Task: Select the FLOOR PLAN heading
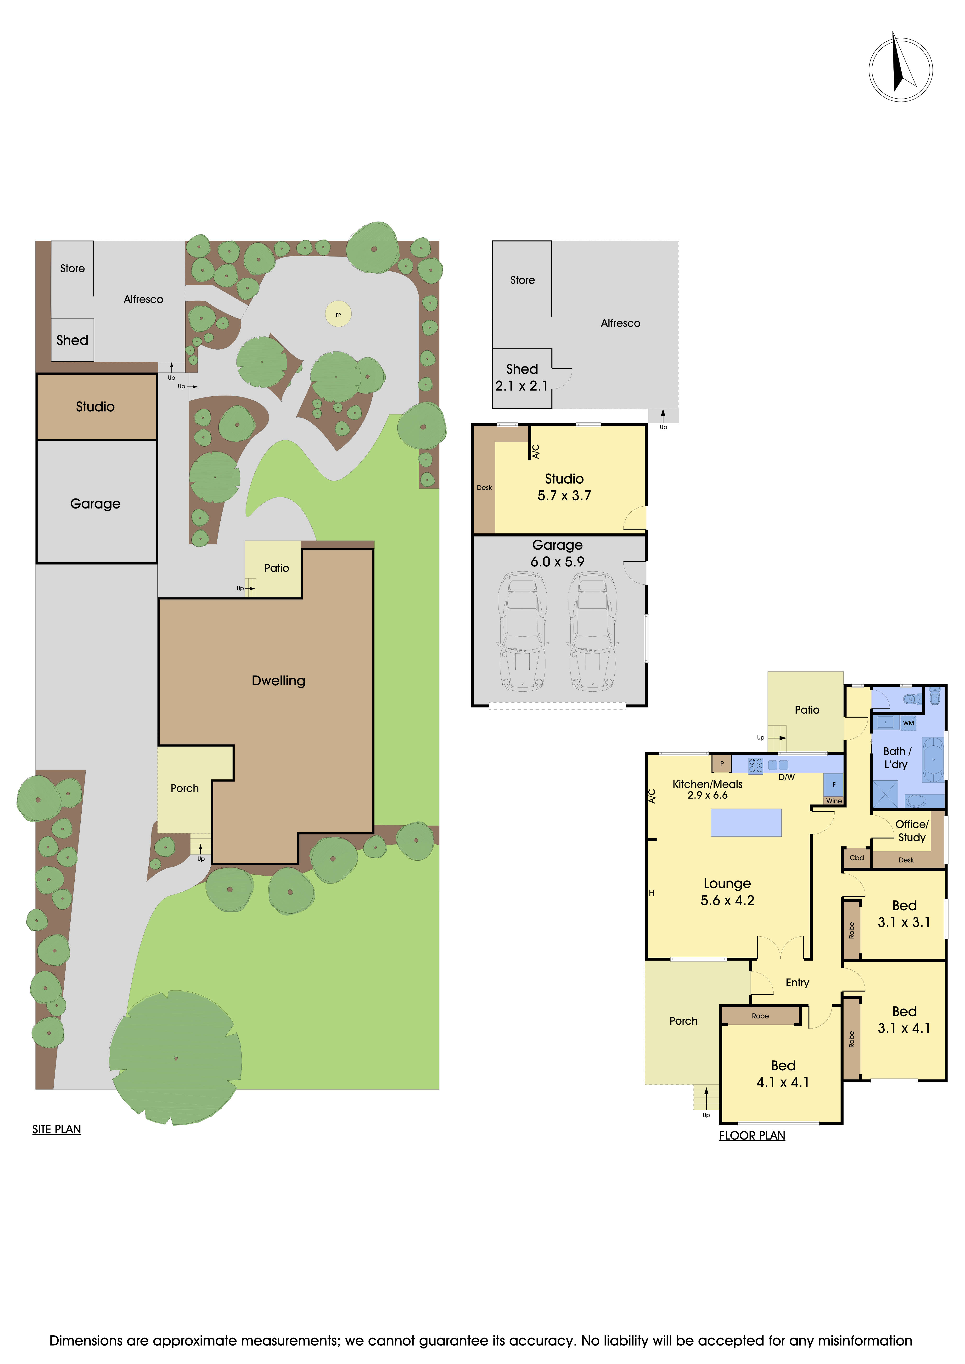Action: (x=752, y=1135)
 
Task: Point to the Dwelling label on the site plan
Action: (x=278, y=681)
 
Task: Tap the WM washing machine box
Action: (x=908, y=723)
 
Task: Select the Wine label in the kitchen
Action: (x=834, y=801)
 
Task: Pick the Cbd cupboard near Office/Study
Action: (x=856, y=858)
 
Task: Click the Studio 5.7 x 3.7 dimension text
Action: (x=564, y=495)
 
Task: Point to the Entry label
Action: (x=797, y=983)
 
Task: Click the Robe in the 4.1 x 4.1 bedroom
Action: (x=760, y=1016)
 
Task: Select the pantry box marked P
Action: (x=721, y=763)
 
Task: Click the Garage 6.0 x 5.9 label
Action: (x=557, y=553)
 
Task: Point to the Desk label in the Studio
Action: (x=484, y=488)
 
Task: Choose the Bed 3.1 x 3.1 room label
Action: (x=904, y=914)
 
